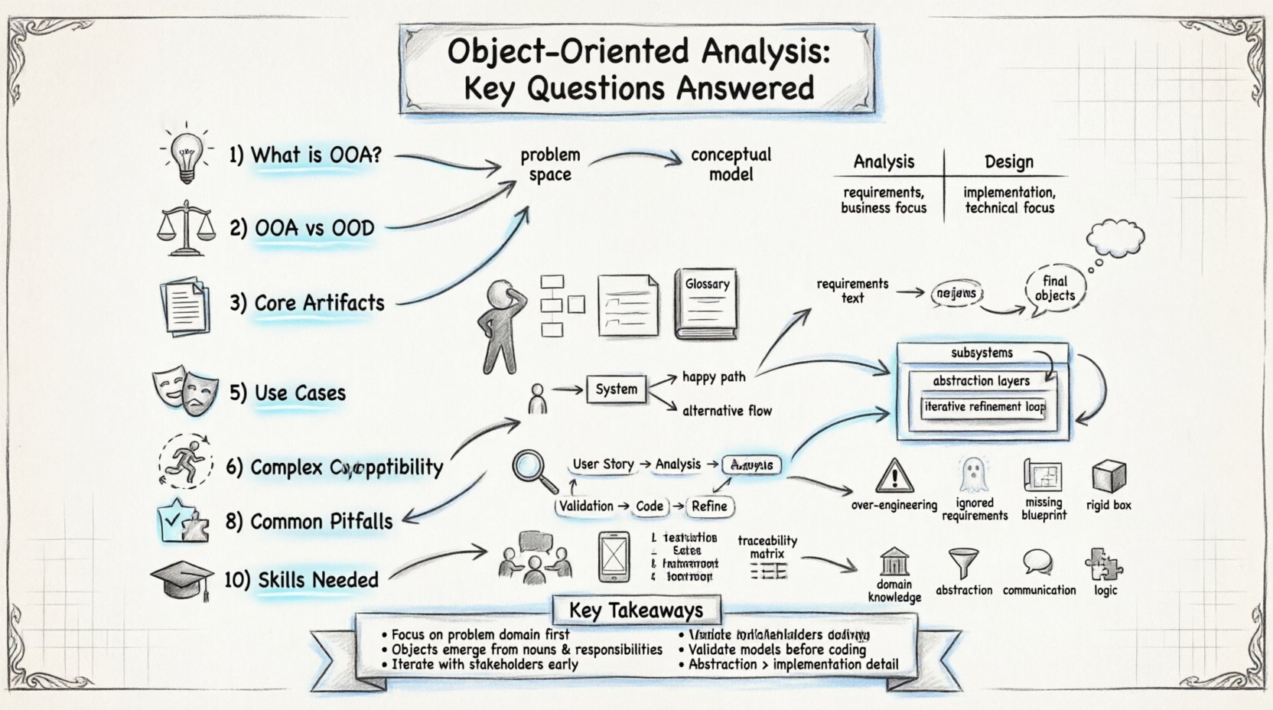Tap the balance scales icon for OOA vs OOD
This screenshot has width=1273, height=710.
[184, 228]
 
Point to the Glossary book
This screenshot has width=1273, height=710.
[706, 304]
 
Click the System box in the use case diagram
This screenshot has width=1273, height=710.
[616, 389]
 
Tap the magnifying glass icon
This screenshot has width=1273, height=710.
[534, 471]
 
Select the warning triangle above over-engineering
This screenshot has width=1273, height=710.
[893, 477]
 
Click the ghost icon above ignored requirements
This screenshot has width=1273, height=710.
[972, 476]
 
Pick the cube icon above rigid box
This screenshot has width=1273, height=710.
[1109, 477]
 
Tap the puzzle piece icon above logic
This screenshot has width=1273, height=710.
[1104, 565]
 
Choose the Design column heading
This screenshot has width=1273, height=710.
[1008, 161]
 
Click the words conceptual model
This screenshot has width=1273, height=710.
[731, 164]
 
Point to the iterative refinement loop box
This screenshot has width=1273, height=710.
[984, 407]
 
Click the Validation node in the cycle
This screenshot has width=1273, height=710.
[586, 506]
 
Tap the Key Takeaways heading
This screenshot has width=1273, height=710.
[636, 610]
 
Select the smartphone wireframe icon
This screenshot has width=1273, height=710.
[613, 556]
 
